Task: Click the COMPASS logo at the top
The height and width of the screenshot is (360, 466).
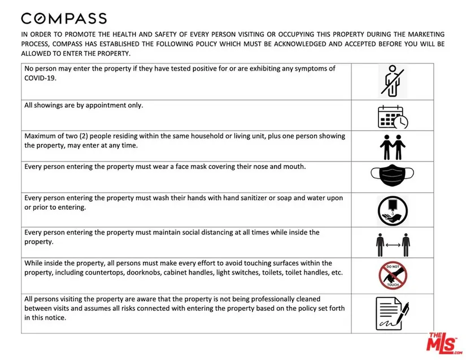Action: [64, 18]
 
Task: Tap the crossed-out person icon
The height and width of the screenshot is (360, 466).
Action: [393, 80]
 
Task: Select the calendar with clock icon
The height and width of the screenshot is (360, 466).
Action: [393, 116]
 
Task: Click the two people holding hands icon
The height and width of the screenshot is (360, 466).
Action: [393, 146]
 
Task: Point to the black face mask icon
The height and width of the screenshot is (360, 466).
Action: [393, 176]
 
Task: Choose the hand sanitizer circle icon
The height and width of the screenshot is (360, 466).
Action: [393, 209]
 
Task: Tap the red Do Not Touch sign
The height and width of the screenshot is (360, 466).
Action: [393, 275]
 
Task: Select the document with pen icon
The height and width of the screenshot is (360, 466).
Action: [393, 313]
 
